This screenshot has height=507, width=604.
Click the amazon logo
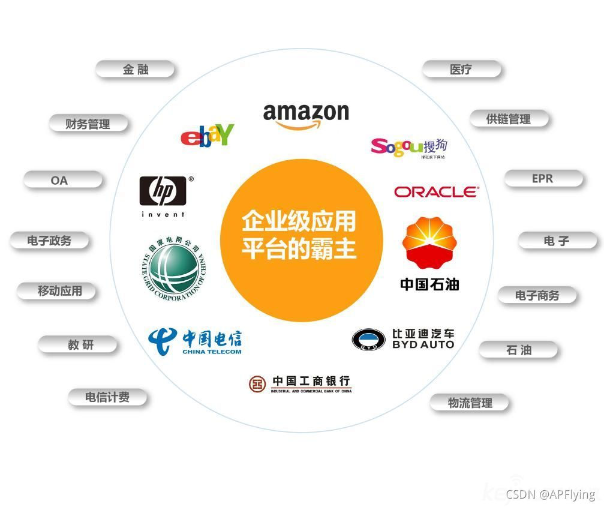click(306, 115)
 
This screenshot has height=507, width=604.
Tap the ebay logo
click(207, 136)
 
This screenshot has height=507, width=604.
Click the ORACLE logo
click(436, 192)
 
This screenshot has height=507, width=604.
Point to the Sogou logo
click(408, 147)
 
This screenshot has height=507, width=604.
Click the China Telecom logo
click(194, 340)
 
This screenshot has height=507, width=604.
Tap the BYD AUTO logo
click(402, 339)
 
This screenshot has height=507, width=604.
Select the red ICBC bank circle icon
click(257, 383)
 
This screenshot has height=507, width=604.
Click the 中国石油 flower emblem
click(429, 242)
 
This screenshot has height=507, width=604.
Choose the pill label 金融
click(136, 70)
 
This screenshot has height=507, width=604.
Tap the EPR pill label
click(542, 179)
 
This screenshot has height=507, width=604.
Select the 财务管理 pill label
click(88, 124)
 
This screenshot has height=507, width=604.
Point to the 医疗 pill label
click(461, 70)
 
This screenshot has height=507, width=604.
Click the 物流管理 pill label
click(470, 403)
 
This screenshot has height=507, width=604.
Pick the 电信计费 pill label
click(107, 397)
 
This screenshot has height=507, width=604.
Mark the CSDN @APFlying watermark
click(550, 494)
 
